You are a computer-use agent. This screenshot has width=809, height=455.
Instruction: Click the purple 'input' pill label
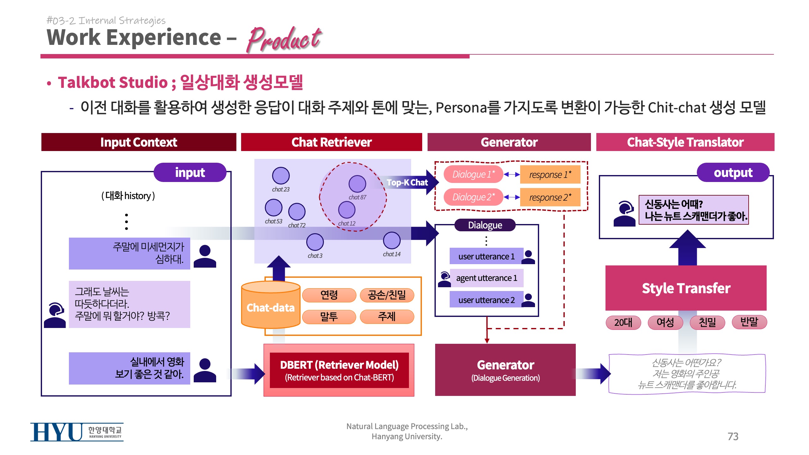tap(190, 173)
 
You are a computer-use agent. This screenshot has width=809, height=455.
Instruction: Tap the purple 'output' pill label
tap(733, 173)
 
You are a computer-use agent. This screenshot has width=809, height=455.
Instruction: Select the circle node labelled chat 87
tap(357, 184)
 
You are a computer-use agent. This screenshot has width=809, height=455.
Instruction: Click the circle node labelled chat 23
tap(281, 176)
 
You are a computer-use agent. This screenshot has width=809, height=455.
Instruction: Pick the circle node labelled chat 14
tap(392, 240)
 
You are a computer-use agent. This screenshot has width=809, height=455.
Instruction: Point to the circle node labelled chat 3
tap(315, 242)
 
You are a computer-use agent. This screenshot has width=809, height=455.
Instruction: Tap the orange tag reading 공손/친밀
tap(387, 295)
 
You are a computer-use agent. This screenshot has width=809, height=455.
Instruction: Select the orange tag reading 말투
tap(329, 317)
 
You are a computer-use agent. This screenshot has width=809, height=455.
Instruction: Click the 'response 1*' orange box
tap(550, 174)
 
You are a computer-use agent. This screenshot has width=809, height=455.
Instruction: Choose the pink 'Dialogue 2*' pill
tap(473, 197)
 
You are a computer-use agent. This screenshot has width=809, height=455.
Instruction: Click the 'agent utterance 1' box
tap(487, 278)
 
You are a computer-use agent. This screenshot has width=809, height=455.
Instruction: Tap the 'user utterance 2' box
tap(486, 300)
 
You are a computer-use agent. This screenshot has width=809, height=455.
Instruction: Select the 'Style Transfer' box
tap(686, 288)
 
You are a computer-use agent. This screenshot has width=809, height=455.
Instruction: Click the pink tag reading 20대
tap(623, 322)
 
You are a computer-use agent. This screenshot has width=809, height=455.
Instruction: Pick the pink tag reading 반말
tap(749, 322)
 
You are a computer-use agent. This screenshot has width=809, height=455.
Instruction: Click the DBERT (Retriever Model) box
tap(339, 370)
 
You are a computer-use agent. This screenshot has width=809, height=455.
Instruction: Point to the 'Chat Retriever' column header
tap(332, 142)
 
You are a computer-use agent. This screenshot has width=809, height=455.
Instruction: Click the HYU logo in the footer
tap(77, 432)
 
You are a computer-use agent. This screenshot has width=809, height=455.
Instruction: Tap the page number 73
tap(733, 436)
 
